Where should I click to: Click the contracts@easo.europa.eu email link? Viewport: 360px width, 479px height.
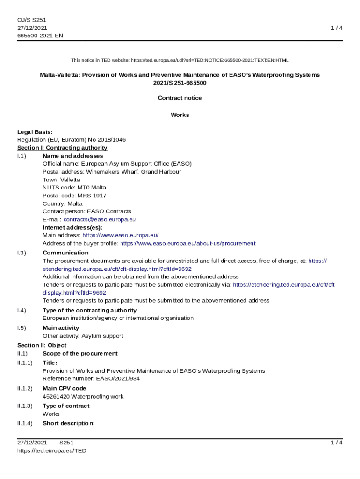pos(100,219)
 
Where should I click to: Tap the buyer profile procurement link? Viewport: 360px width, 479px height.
pos(187,243)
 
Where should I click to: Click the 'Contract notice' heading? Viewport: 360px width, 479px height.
pos(180,98)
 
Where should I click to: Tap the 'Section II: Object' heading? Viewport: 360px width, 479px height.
pos(42,345)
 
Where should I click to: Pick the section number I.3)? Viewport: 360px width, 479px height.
pos(22,253)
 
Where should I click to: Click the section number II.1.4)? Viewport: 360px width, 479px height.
pos(25,423)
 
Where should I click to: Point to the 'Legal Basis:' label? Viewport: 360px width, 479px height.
pos(35,132)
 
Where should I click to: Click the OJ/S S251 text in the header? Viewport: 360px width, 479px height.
pos(32,20)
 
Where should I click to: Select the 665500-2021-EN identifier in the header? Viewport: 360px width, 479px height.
pos(40,36)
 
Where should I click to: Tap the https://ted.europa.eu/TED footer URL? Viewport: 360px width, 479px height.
pos(52,450)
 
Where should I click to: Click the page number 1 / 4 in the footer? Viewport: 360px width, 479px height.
pos(337,443)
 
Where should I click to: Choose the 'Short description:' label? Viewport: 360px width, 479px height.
pos(69,423)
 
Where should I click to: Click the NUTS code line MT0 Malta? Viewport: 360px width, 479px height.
pos(74,188)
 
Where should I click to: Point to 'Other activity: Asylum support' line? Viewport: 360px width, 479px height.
pos(83,336)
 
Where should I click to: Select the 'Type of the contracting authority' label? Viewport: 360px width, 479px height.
pos(90,310)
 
